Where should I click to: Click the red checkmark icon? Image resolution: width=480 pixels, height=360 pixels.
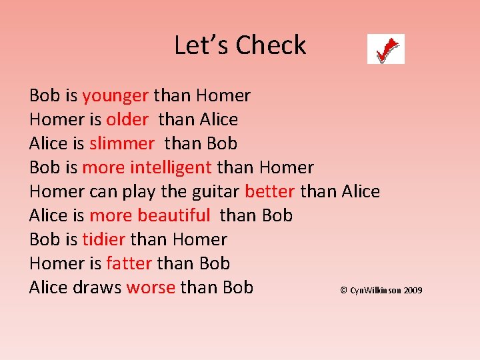pos(386,49)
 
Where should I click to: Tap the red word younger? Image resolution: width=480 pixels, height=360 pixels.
pos(115,96)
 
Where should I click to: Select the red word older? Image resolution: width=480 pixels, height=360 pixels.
pos(127,120)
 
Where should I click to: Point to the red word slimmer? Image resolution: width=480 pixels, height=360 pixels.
pos(122,144)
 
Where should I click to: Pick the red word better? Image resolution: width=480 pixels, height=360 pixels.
pos(270,192)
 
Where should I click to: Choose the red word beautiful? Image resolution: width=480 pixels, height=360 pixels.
pos(173,216)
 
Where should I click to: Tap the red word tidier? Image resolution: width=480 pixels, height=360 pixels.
pos(104,240)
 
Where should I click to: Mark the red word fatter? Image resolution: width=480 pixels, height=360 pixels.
pos(129,264)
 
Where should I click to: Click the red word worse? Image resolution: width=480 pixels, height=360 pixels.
pos(151,288)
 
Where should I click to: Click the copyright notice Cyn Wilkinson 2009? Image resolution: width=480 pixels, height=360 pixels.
pos(381,290)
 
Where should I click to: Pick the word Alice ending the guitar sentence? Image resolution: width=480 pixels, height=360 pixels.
pos(361,192)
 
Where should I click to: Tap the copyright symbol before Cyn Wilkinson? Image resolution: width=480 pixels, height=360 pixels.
pos(343,290)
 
